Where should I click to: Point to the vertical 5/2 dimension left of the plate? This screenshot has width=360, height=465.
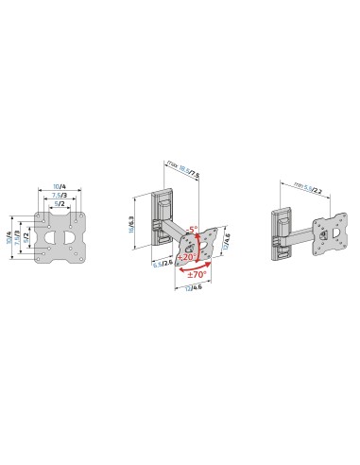pos(26,236)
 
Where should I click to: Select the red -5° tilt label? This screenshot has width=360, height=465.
pos(193,228)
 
